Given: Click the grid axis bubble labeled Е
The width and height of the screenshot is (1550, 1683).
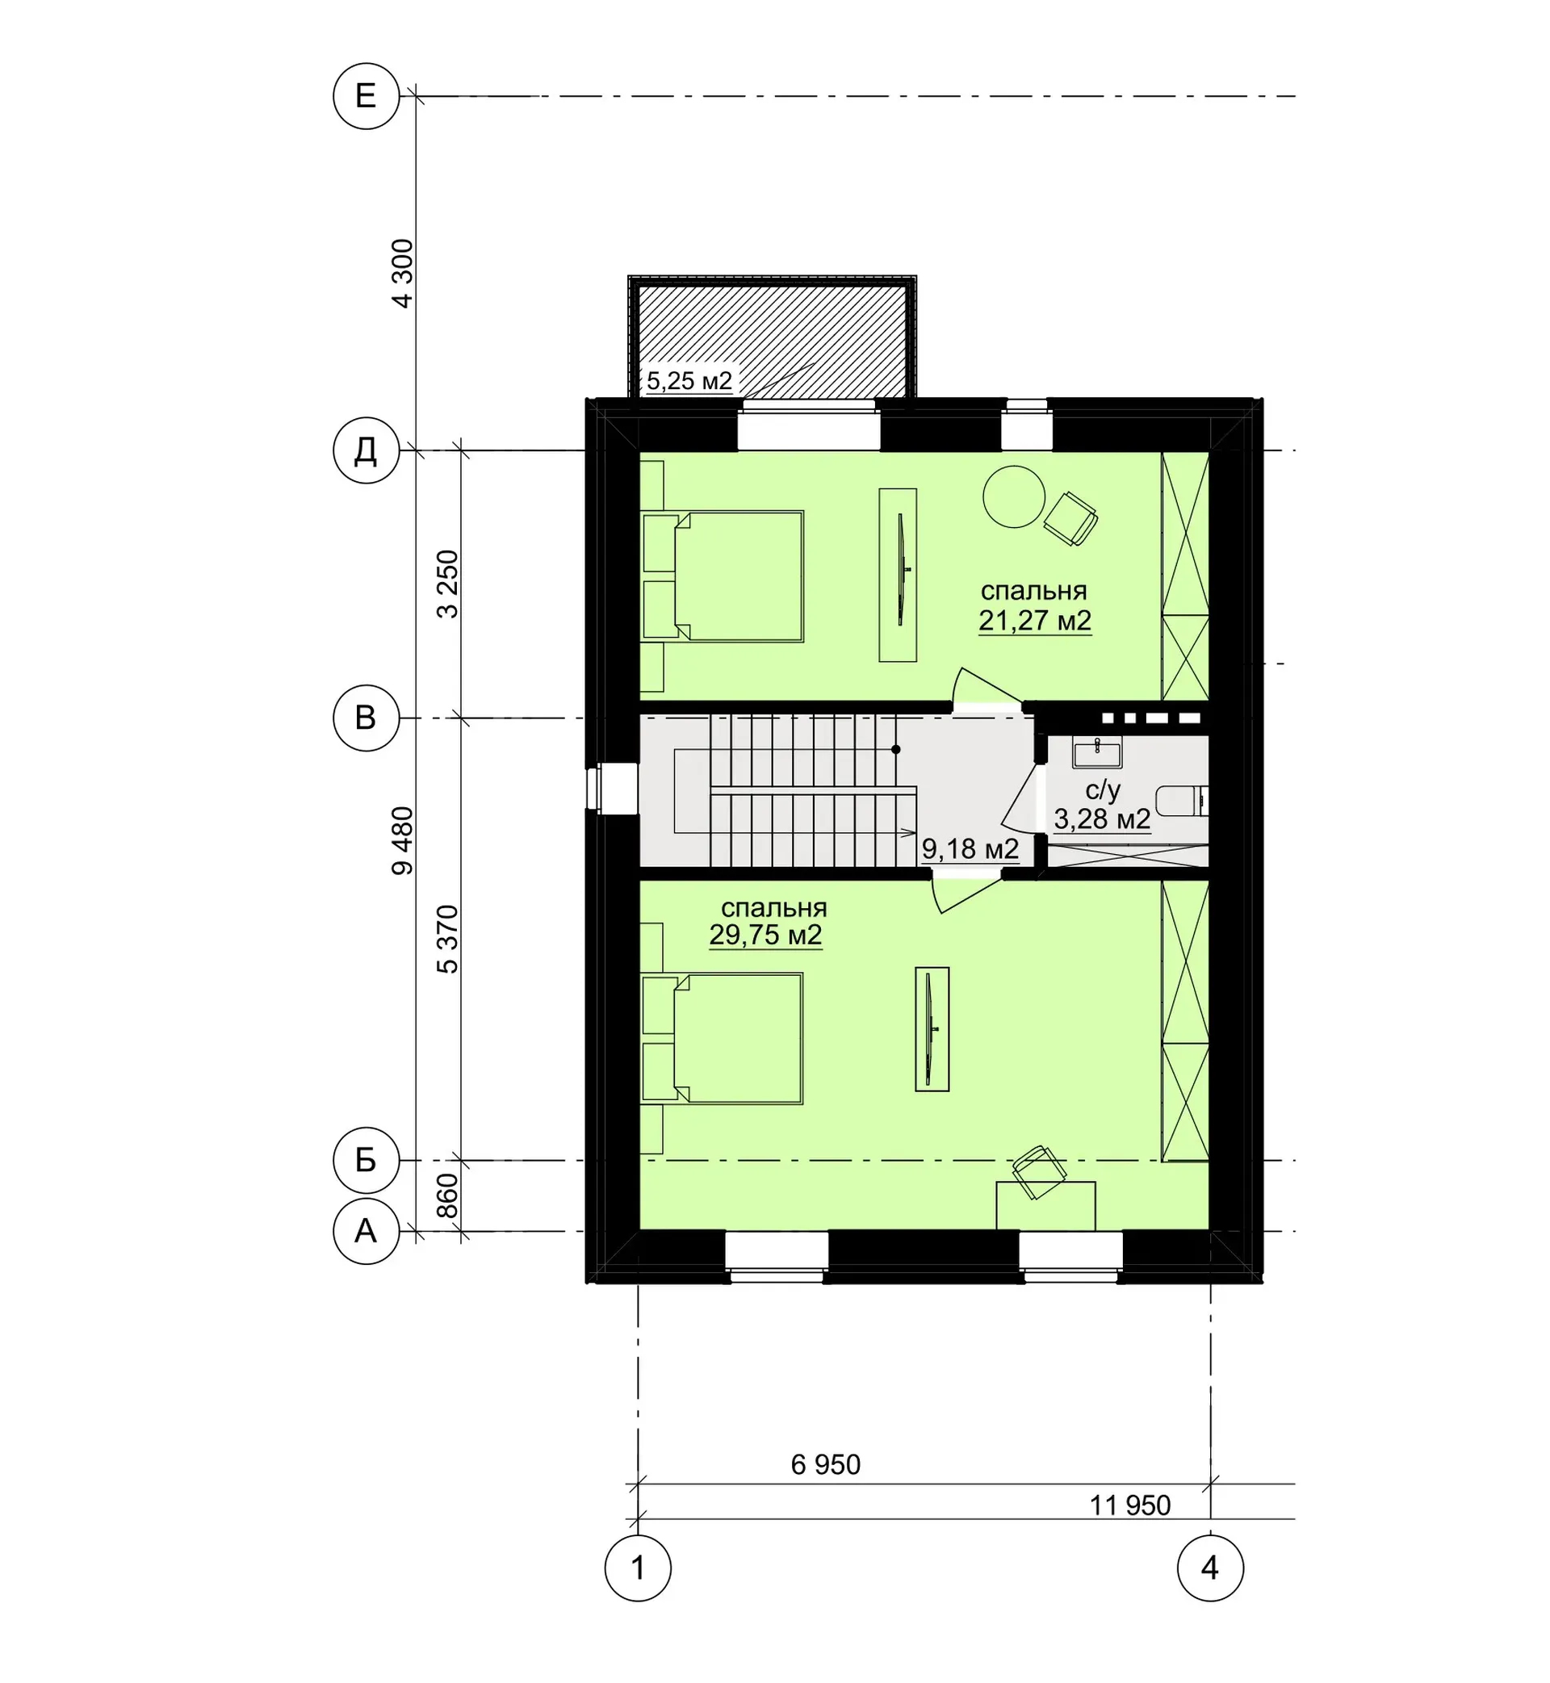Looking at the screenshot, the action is (x=366, y=96).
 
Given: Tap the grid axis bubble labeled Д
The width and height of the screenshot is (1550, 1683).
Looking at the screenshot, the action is (x=366, y=451).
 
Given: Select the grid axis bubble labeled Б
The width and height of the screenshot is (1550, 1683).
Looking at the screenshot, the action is (x=366, y=1161).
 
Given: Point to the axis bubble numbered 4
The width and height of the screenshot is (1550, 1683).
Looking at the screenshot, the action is (x=1210, y=1568).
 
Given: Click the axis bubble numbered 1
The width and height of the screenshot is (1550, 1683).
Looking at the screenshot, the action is (x=639, y=1568).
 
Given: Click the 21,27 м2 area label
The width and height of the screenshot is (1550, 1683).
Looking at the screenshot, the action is (x=1035, y=622).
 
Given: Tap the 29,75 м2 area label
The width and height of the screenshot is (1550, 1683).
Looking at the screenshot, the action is (x=766, y=935).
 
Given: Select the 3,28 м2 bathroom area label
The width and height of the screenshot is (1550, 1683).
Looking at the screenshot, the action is (x=1102, y=819).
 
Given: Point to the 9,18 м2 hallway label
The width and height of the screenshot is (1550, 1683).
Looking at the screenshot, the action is (x=970, y=849).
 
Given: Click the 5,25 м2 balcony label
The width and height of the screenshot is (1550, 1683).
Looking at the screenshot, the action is (x=689, y=382).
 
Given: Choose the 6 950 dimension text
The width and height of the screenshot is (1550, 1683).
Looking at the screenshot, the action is (x=826, y=1465).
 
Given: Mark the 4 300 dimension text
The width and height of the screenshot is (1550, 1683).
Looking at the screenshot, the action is (x=404, y=274).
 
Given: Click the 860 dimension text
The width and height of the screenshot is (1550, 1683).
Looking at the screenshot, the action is (x=448, y=1195).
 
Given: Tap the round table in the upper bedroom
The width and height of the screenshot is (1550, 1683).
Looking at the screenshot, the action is (x=1014, y=496).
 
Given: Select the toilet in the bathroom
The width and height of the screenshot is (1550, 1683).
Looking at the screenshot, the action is (x=1182, y=801).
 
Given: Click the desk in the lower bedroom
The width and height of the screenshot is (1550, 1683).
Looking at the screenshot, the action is (x=1046, y=1206).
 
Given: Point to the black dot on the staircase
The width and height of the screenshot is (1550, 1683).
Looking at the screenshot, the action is (x=896, y=750).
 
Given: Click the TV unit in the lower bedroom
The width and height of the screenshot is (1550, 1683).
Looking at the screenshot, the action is (x=932, y=1029).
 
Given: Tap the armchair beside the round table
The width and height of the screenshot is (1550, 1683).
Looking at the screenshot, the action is (x=1071, y=518).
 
